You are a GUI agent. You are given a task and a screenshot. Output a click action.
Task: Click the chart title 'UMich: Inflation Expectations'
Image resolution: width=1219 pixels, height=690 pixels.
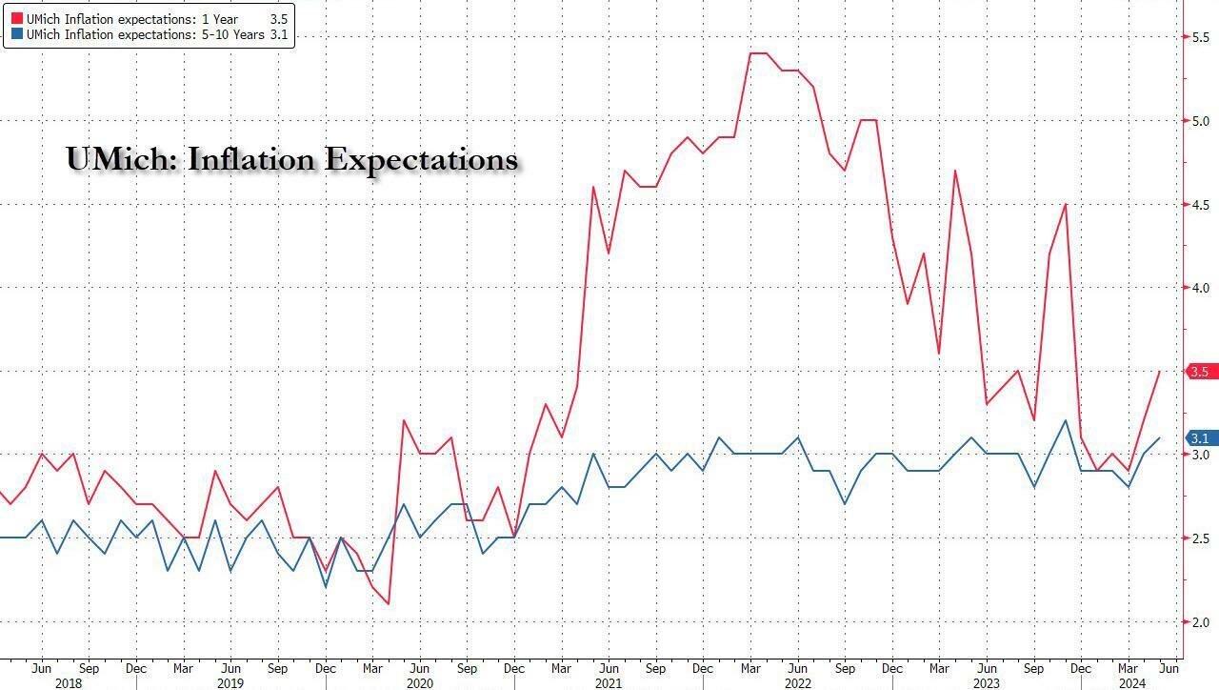tap(291, 159)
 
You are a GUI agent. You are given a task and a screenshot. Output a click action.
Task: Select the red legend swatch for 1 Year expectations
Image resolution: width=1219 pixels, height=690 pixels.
tap(16, 17)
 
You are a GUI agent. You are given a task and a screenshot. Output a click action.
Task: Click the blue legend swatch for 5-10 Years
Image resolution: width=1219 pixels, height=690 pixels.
tap(16, 35)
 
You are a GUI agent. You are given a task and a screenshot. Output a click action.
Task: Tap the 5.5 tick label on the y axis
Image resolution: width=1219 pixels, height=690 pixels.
tap(1201, 36)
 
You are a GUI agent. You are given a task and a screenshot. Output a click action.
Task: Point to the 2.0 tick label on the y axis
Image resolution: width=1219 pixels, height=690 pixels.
tap(1201, 622)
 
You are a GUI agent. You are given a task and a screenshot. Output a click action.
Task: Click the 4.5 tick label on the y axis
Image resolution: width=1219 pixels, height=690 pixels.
tap(1201, 204)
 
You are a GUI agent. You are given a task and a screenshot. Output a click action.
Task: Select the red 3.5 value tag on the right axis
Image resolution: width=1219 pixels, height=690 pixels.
tap(1201, 372)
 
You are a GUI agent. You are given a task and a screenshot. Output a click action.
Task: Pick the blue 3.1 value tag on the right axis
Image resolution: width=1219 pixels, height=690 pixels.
tap(1201, 438)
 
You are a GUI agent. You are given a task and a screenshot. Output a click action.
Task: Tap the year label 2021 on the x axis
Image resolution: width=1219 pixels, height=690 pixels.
tap(608, 682)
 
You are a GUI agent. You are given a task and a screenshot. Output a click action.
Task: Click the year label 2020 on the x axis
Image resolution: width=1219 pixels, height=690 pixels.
tap(419, 682)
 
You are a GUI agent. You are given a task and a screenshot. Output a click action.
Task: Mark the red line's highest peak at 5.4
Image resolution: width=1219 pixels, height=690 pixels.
tap(759, 53)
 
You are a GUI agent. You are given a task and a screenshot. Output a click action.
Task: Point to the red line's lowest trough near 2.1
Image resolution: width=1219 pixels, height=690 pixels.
tap(389, 604)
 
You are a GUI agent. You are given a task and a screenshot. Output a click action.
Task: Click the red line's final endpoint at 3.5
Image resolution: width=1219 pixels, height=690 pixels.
tap(1159, 372)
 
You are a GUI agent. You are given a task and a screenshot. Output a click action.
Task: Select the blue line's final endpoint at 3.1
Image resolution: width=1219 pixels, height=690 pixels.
tap(1159, 438)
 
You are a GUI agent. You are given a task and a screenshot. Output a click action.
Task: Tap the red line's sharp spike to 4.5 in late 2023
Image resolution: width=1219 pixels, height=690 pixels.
tap(1065, 204)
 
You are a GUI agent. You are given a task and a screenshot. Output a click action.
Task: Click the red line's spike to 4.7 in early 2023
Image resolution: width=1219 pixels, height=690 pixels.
tap(954, 171)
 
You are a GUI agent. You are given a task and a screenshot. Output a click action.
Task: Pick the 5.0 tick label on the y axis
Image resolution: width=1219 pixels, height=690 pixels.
tap(1201, 120)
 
